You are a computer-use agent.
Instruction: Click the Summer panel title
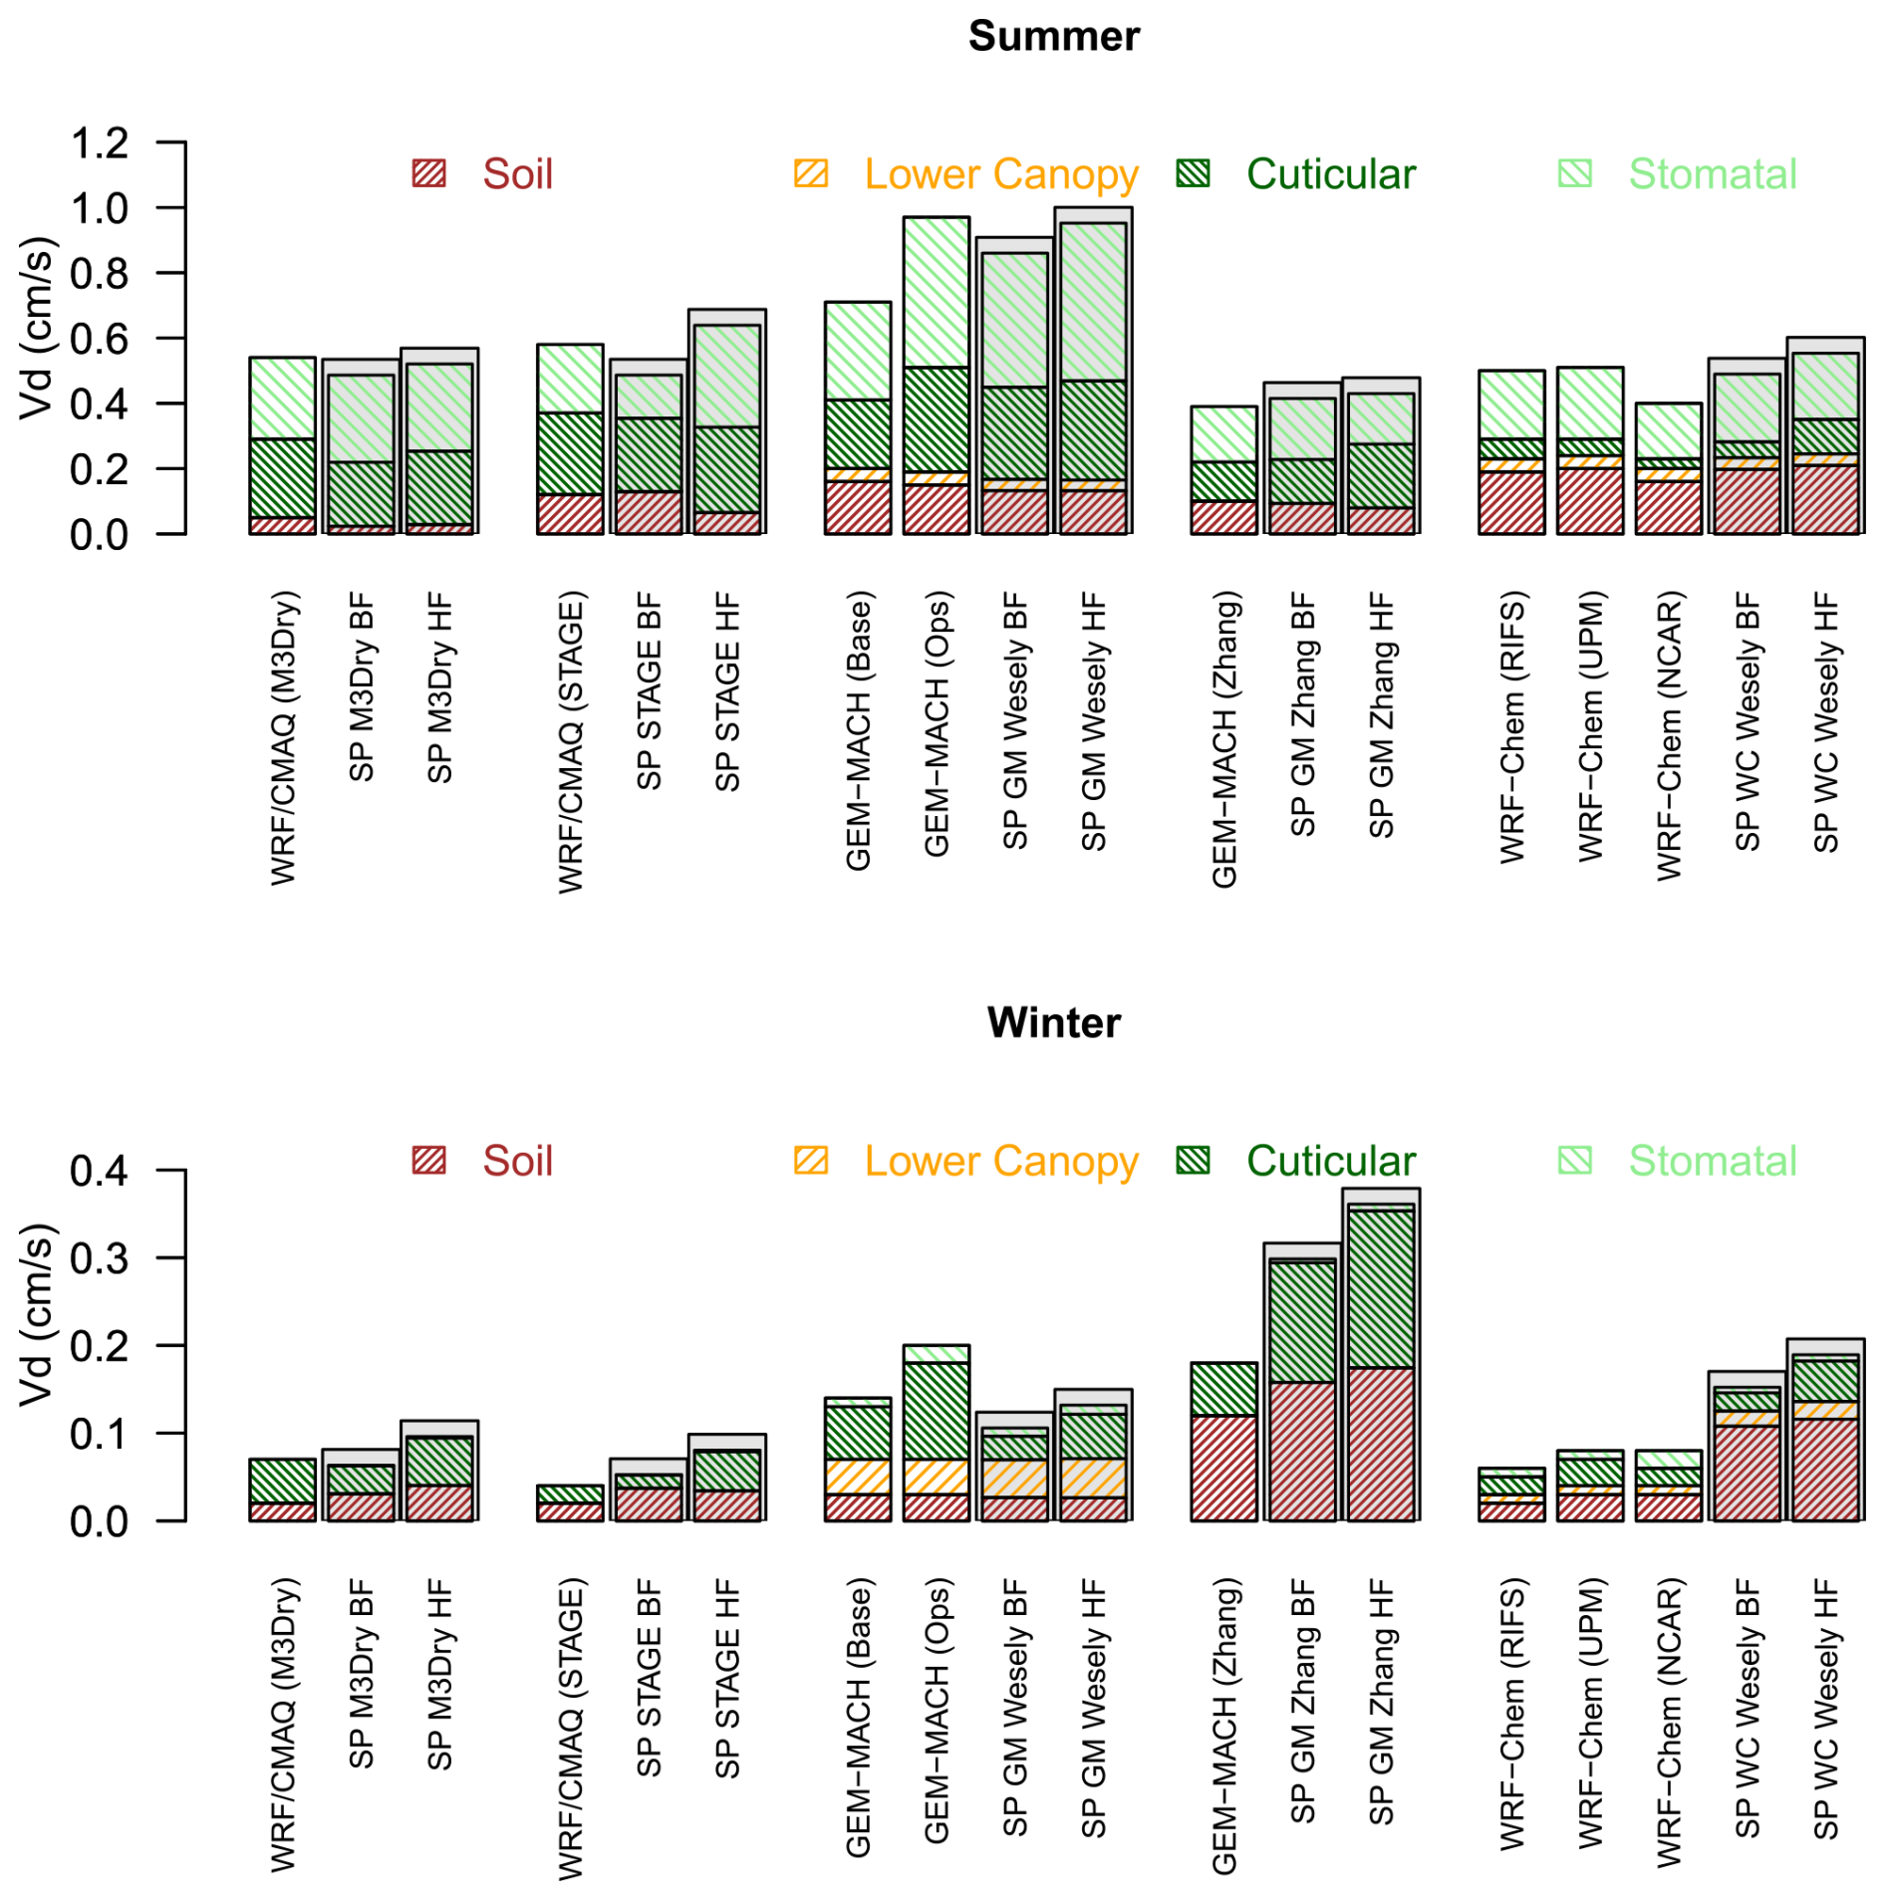coord(1052,37)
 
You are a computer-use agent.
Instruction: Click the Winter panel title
coord(1052,1022)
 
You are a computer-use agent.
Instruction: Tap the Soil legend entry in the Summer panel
coord(516,174)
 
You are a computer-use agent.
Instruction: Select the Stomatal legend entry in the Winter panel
coord(1711,1160)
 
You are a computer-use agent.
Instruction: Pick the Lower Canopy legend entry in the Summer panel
coord(999,174)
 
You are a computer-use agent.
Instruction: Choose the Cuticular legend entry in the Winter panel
coord(1329,1160)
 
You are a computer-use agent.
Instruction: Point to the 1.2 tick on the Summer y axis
coord(100,143)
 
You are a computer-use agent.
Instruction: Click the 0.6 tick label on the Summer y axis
coord(100,339)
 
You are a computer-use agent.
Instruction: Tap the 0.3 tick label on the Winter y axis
coord(100,1258)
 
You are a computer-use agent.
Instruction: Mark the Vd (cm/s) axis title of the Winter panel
coord(36,1315)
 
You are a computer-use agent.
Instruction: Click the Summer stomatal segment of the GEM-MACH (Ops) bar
coord(936,292)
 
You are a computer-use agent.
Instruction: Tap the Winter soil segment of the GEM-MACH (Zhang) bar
coord(1223,1467)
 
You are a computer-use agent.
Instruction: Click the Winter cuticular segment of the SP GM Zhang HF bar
coord(1380,1287)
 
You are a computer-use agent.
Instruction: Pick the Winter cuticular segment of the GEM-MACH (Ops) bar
coord(936,1410)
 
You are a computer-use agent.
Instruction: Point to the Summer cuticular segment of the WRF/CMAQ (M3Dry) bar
coord(282,477)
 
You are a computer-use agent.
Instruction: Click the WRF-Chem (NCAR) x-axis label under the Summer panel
coord(1669,735)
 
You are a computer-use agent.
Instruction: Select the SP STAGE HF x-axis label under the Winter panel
coord(727,1678)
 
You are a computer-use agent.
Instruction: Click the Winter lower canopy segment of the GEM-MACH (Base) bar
coord(858,1477)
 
